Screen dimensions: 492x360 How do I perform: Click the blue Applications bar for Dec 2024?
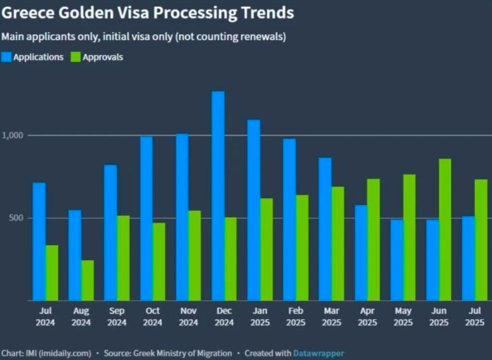coord(218,196)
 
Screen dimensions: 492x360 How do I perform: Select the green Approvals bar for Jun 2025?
coord(445,230)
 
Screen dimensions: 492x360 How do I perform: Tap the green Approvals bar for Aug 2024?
coord(88,280)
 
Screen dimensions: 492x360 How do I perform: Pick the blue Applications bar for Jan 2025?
coord(254,210)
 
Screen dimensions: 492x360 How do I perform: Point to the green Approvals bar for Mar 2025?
coord(338,244)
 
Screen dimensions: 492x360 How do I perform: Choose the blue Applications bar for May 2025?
coord(397,260)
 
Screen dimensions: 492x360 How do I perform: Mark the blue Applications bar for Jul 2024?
coord(39,242)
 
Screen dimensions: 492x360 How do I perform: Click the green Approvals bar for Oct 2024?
coord(159,262)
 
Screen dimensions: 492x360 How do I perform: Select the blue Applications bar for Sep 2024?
coord(110,233)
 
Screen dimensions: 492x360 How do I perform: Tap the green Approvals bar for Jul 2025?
coord(481,240)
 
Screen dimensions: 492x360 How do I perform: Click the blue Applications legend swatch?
coord(6,57)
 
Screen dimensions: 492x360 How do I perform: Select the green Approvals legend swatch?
coord(76,57)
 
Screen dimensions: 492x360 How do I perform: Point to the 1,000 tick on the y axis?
coord(13,135)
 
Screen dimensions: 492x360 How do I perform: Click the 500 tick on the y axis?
coord(16,218)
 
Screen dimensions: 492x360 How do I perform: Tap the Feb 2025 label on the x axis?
coord(295,316)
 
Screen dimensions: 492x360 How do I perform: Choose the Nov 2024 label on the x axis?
coord(188,316)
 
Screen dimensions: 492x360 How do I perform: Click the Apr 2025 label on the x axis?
coord(367,316)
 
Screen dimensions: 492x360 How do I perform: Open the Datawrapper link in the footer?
coord(318,353)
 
